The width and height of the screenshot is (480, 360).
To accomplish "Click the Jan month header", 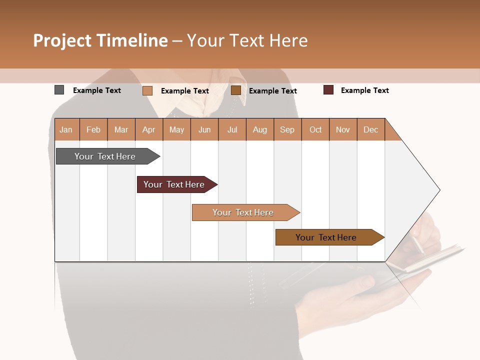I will (66, 129).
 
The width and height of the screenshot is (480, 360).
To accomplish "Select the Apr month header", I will (149, 129).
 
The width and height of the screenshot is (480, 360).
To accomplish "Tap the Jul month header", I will (232, 129).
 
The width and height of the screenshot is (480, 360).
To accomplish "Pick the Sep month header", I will (287, 129).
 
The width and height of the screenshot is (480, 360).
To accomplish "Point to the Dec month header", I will (370, 129).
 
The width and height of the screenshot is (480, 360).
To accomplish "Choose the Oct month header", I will (315, 129).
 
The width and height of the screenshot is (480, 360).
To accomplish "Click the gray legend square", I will (59, 90).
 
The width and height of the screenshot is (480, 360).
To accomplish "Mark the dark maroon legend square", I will (328, 90).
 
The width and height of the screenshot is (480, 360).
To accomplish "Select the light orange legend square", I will (147, 90).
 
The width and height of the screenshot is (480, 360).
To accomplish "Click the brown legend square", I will (236, 90).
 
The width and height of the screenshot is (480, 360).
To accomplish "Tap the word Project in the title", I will (62, 40).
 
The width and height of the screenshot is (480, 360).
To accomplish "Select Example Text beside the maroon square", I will (364, 90).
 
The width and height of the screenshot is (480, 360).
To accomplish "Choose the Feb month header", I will (93, 129).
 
